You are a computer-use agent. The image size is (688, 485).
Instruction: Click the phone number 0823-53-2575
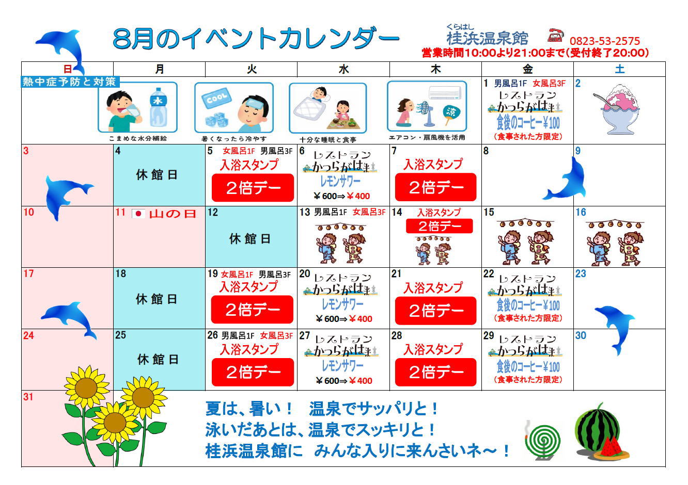pos(604,41)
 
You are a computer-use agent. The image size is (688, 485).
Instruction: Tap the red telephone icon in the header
pos(556,36)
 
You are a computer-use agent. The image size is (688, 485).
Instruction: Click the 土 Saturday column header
pos(619,69)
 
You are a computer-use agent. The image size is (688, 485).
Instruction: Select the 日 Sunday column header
pos(68,69)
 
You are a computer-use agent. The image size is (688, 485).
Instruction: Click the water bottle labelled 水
pos(158,107)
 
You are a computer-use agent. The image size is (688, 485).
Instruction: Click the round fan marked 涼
pos(451,115)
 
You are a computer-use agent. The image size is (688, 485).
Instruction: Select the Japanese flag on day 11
pos(138,214)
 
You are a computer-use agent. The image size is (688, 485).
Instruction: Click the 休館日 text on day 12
pos(249,239)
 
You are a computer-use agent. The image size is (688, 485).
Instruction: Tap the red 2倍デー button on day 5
pos(253,188)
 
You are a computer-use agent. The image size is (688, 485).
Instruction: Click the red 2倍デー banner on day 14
pos(439,227)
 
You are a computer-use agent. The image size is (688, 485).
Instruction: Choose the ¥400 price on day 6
pos(358,196)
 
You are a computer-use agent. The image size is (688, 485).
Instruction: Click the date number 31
pos(28,397)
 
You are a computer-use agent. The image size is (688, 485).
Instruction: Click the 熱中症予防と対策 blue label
pos(70,82)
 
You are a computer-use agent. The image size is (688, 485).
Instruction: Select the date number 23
pos(581,273)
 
